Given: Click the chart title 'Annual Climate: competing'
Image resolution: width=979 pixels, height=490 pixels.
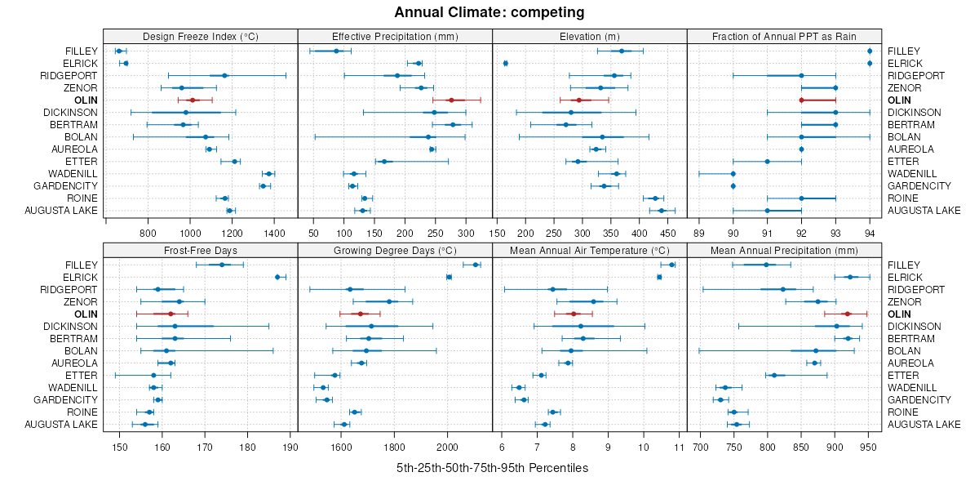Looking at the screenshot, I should coord(489,12).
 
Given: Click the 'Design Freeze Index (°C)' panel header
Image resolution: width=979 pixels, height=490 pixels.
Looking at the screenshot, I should coord(200,36).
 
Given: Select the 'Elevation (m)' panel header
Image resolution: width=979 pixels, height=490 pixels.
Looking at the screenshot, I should coord(590,36).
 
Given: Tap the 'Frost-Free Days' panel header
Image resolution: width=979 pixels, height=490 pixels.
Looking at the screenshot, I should coord(200,250).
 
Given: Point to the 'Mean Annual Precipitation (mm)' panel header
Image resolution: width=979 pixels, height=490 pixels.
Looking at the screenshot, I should coord(784,250).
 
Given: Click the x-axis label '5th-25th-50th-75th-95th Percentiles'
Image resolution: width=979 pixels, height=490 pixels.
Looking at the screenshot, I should coord(492,468).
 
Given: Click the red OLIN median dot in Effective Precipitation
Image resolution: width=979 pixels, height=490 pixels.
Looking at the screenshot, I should coord(451,100).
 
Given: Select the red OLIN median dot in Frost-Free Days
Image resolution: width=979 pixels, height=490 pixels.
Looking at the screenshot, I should coord(171,314).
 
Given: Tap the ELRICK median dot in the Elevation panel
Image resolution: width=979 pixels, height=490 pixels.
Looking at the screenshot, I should coord(506,63).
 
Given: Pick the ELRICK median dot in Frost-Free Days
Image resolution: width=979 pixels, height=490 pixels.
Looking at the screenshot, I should coord(277,277).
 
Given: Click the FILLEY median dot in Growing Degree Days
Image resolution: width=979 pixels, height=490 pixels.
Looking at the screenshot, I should coord(476,265).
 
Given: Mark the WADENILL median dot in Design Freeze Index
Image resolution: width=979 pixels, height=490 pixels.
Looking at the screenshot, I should coord(268,174).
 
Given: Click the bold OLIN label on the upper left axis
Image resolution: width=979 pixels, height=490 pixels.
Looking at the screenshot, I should coord(86,100).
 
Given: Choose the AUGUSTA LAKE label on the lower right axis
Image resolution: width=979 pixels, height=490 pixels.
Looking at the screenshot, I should coord(924,424).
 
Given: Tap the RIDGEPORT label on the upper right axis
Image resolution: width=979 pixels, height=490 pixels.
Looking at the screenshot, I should coord(915,75).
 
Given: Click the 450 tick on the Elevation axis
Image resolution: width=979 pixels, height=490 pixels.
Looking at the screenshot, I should coord(667,233).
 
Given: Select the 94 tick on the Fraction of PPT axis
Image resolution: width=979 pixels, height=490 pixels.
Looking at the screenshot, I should coord(870,233).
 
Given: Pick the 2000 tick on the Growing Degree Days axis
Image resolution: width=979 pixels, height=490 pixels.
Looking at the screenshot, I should coord(448,447).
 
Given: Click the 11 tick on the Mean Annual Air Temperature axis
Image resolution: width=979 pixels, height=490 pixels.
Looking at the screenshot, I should coord(679,447).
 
